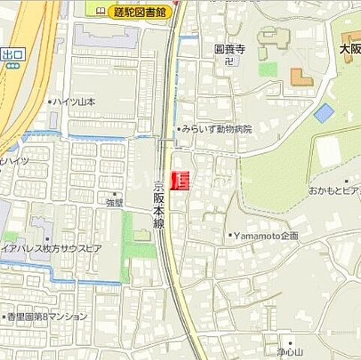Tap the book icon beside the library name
[x=101, y=10]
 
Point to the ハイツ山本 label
[x=73, y=102]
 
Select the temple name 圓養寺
[x=230, y=49]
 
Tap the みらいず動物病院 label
[x=217, y=129]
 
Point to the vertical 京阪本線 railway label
[x=159, y=205]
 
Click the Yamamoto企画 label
[x=266, y=235]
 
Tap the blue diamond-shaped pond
[x=323, y=113]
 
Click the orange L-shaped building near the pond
[x=301, y=77]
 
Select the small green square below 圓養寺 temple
[x=268, y=69]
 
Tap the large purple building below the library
[x=105, y=37]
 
